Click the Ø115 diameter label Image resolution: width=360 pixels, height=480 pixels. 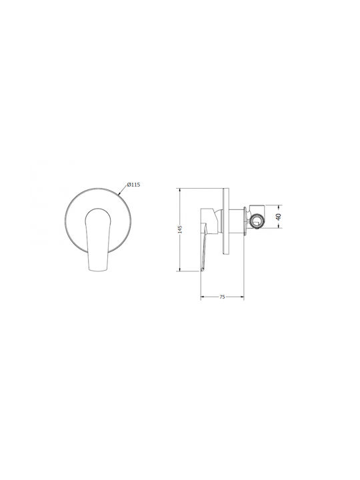coord(133,185)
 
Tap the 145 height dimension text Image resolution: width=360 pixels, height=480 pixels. coord(180,229)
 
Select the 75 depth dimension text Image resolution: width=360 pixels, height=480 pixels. coord(222,297)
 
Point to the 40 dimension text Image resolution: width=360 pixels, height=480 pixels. coord(278,217)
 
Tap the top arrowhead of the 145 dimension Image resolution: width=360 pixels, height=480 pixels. coord(180,190)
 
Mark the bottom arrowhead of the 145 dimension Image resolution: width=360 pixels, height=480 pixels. coord(180,269)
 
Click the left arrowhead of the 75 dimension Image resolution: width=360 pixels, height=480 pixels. coord(203,297)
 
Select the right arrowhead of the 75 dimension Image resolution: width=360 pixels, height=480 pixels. coord(242,297)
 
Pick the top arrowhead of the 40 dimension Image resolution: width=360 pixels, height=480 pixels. coord(278,206)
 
